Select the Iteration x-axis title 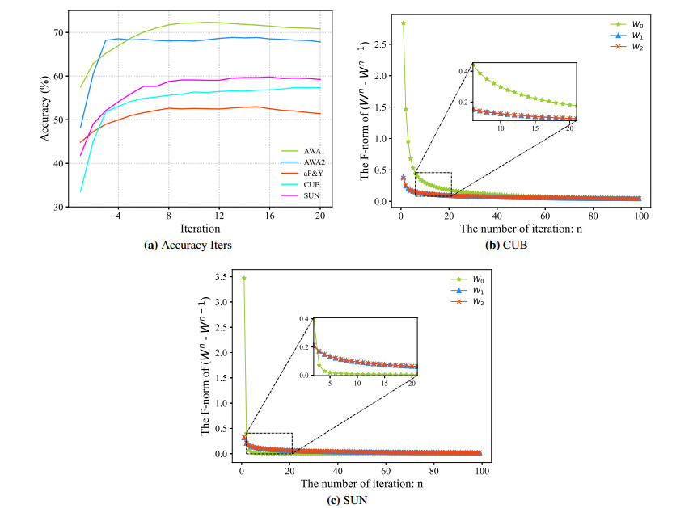196,229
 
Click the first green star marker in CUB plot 403,23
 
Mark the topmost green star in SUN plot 243,279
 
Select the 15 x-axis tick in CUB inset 535,129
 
